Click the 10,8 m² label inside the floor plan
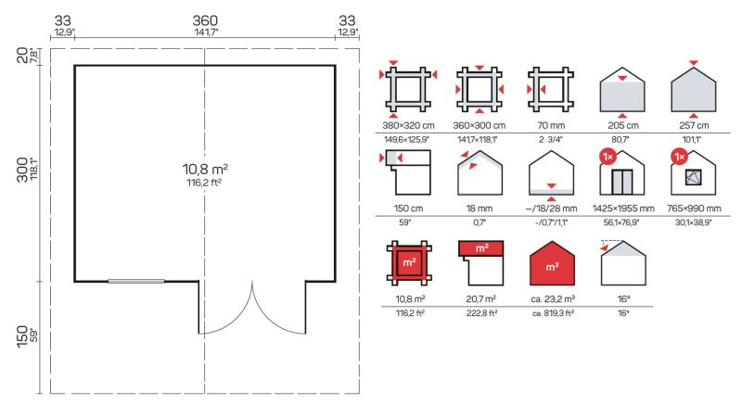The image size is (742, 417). pyautogui.click(x=205, y=169)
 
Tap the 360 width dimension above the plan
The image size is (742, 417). pyautogui.click(x=205, y=20)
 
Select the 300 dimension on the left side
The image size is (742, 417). pyautogui.click(x=21, y=170)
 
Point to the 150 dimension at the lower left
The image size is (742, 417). pyautogui.click(x=21, y=336)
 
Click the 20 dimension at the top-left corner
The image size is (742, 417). pyautogui.click(x=21, y=56)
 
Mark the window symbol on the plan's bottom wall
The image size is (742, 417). pyautogui.click(x=136, y=282)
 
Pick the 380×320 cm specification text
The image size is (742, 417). pyautogui.click(x=408, y=125)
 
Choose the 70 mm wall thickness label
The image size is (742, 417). pyautogui.click(x=551, y=125)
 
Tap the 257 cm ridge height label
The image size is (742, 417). pyautogui.click(x=694, y=125)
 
